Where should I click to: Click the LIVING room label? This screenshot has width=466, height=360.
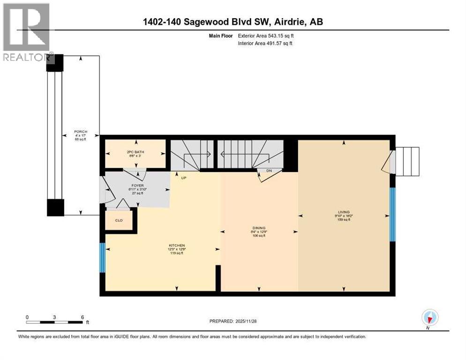[x=346, y=212]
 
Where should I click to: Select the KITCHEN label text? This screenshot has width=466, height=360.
[x=177, y=246]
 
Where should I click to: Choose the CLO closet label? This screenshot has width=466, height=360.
[x=119, y=220]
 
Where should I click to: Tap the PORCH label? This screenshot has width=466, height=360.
[x=81, y=132]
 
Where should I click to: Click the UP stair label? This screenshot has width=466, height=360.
[x=184, y=178]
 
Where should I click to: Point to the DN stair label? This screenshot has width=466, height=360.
[x=269, y=170]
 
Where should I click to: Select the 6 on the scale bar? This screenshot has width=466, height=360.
[x=83, y=317]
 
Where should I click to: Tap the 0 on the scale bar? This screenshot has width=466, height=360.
[x=27, y=317]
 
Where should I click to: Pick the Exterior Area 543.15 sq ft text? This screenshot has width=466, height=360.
[x=267, y=36]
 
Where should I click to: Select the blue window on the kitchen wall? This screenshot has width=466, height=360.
[x=102, y=257]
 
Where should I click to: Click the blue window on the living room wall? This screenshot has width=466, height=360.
[x=392, y=215]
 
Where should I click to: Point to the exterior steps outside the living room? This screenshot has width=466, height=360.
[x=406, y=161]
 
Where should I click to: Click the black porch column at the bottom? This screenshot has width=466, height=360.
[x=55, y=207]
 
